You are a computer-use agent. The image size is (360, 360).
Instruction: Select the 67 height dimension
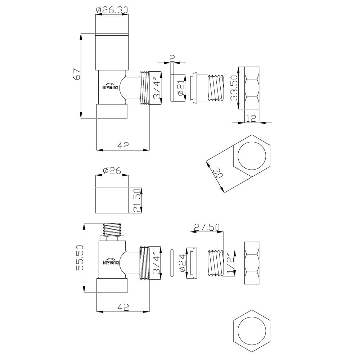point(77,74)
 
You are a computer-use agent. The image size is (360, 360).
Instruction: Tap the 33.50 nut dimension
point(234,88)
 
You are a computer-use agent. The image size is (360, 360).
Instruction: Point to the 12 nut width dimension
point(251,118)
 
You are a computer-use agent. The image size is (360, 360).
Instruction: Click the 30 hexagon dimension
point(218,173)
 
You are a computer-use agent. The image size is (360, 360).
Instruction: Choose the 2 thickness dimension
point(172,58)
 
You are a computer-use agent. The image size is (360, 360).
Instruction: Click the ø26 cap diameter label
point(112,171)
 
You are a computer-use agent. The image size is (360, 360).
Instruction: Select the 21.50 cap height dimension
point(137,201)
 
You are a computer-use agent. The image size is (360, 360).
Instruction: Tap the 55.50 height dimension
point(80,258)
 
